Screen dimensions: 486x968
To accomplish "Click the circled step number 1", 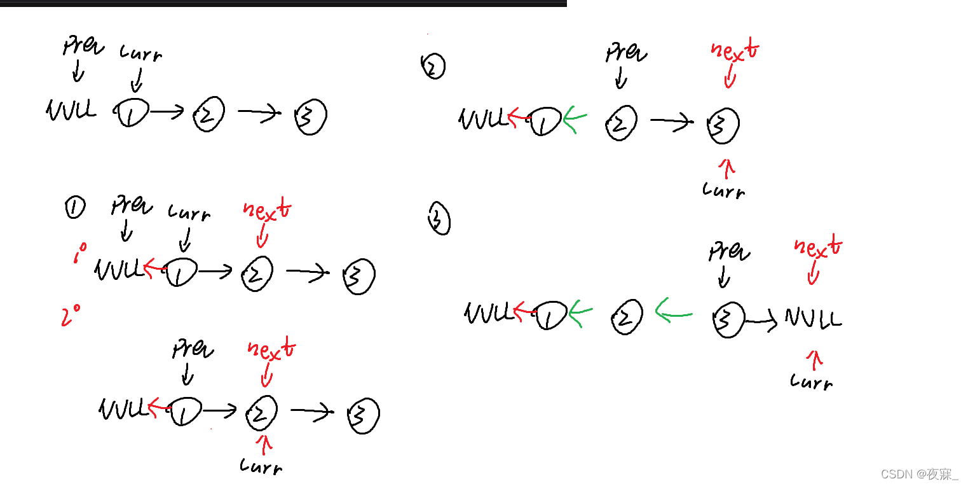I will pyautogui.click(x=74, y=207).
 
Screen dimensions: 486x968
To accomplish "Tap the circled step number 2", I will pyautogui.click(x=433, y=66).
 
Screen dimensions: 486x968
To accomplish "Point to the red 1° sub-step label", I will pyautogui.click(x=79, y=254).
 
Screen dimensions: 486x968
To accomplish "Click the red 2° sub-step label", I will pyautogui.click(x=71, y=315).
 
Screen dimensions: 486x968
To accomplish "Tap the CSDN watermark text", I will pyautogui.click(x=919, y=475).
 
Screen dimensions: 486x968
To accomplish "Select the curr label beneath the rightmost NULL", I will pyautogui.click(x=811, y=381).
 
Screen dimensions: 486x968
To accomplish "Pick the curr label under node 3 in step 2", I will pyautogui.click(x=724, y=189).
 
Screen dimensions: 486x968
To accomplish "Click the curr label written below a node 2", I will pyautogui.click(x=261, y=466).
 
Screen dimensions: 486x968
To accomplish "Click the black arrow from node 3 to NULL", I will pyautogui.click(x=761, y=322).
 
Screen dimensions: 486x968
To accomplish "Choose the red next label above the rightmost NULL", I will pyautogui.click(x=819, y=247).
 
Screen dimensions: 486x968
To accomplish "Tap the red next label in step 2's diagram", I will pyautogui.click(x=735, y=53).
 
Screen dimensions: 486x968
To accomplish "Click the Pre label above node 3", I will pyautogui.click(x=729, y=253).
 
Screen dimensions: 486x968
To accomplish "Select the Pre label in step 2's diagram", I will pyautogui.click(x=626, y=53).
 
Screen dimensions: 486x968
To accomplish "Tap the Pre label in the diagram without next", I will pyautogui.click(x=83, y=46).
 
